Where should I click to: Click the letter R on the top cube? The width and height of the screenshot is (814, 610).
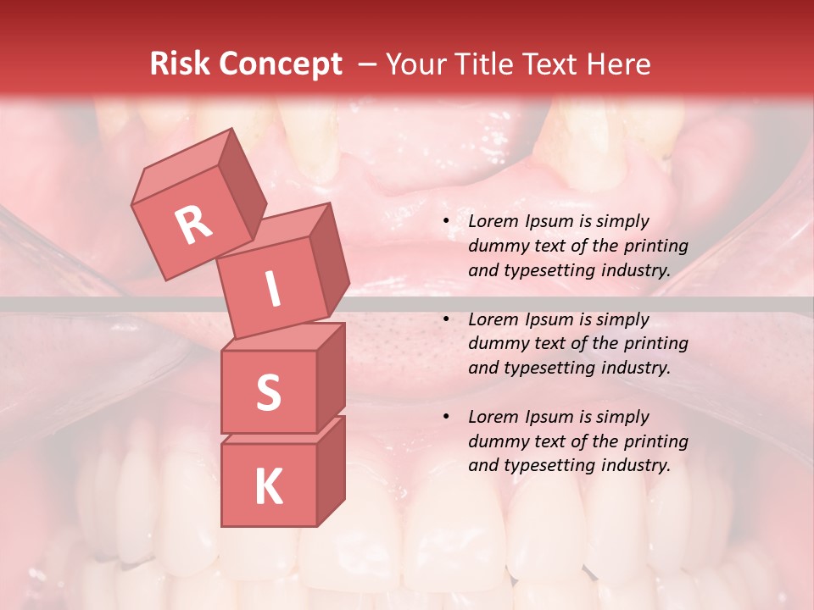click(x=194, y=225)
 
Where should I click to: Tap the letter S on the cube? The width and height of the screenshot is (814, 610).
click(x=268, y=392)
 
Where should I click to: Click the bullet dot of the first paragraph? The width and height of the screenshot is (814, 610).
click(x=446, y=222)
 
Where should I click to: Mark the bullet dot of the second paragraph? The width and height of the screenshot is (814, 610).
click(x=446, y=319)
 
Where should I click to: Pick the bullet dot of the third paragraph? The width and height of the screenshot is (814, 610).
click(x=446, y=417)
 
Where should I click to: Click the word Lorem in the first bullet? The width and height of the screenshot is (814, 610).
click(x=491, y=222)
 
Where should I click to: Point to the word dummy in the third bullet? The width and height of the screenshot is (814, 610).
click(x=498, y=441)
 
